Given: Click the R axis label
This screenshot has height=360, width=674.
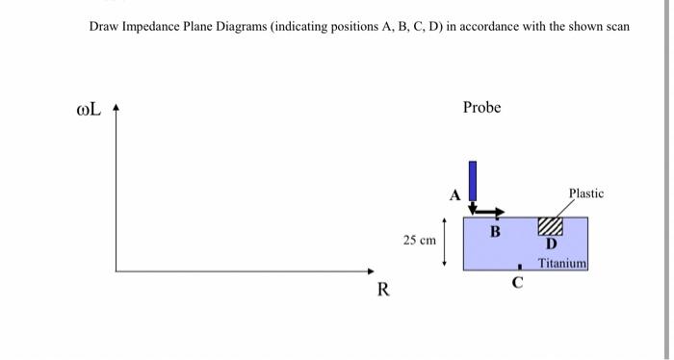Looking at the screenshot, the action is (383, 289).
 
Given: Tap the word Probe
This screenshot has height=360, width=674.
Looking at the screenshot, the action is (481, 107).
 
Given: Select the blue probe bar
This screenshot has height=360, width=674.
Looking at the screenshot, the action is (473, 180).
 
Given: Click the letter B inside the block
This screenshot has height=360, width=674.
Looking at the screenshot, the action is (495, 231).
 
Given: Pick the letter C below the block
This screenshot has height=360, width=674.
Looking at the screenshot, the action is (517, 283).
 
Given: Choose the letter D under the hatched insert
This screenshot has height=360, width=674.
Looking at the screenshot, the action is (550, 244).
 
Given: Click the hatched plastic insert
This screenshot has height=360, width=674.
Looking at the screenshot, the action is (550, 226).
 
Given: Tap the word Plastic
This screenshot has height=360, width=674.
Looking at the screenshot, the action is (586, 193).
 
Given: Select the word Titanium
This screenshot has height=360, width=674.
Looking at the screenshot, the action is (562, 263).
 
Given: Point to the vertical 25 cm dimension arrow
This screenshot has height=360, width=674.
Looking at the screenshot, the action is (444, 240).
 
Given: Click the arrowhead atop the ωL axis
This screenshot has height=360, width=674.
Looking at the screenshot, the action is (117, 110).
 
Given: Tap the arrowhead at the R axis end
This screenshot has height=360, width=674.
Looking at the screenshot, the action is (370, 271).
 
